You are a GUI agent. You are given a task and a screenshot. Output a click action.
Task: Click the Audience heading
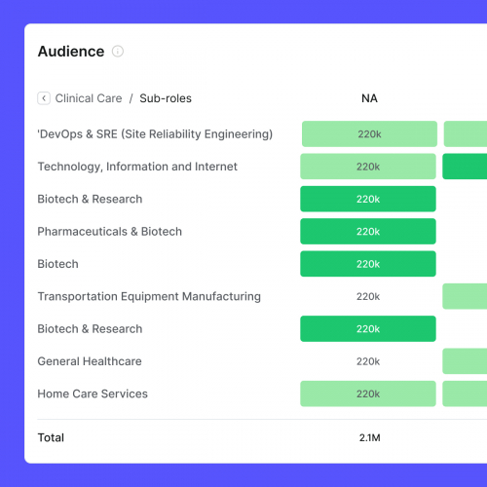click(70, 52)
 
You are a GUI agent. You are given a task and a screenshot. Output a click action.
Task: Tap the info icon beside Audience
click(118, 52)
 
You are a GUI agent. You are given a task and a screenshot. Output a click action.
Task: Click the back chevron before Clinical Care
click(44, 98)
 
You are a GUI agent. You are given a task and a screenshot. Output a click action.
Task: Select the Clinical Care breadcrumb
click(89, 98)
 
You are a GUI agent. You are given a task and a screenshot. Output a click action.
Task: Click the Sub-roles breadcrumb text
click(166, 98)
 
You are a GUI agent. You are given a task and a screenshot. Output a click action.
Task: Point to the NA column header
click(369, 98)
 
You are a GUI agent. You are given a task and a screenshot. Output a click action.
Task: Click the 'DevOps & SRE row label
click(155, 134)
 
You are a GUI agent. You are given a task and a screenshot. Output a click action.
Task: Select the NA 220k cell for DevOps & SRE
click(369, 134)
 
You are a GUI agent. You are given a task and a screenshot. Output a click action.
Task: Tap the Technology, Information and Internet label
click(137, 167)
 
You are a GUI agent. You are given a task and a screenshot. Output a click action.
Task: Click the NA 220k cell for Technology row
click(368, 167)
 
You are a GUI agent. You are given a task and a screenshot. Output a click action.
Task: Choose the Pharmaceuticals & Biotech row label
click(109, 232)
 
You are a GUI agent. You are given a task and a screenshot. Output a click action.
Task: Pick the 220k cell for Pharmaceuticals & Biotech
click(368, 232)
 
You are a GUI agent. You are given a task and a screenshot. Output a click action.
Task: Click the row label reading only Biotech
click(57, 264)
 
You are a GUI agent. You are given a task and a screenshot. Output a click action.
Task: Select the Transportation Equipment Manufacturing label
click(149, 296)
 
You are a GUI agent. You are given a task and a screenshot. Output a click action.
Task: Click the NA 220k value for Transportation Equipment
click(368, 296)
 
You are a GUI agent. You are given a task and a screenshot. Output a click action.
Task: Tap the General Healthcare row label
click(90, 361)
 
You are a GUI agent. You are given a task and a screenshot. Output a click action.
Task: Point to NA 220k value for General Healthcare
click(368, 361)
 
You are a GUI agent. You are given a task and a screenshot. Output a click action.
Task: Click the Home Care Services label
click(93, 393)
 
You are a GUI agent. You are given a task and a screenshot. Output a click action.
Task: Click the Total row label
click(51, 437)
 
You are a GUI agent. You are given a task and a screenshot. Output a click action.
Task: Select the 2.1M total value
click(369, 438)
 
